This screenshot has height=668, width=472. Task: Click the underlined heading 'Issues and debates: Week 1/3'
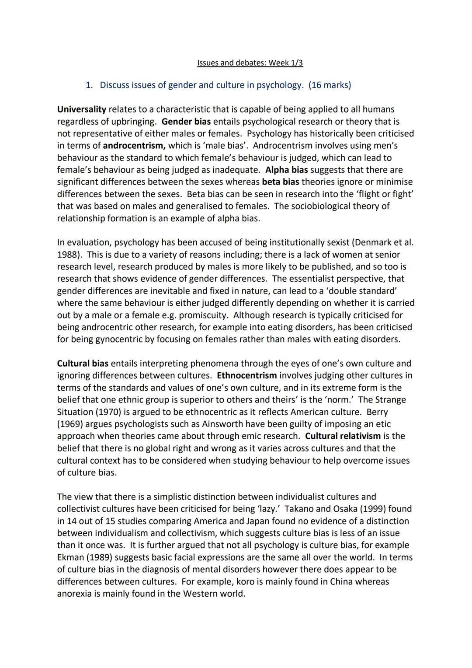point(250,63)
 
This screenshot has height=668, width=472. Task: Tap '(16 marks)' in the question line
point(330,85)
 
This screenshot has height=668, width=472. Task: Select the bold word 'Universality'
point(81,109)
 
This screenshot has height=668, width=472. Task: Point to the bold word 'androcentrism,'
point(134,146)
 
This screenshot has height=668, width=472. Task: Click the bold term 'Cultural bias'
point(83,364)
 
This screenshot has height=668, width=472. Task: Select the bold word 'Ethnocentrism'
point(246,376)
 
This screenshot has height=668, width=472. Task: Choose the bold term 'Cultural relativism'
point(343,436)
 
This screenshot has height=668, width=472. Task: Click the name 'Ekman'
point(71,557)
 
